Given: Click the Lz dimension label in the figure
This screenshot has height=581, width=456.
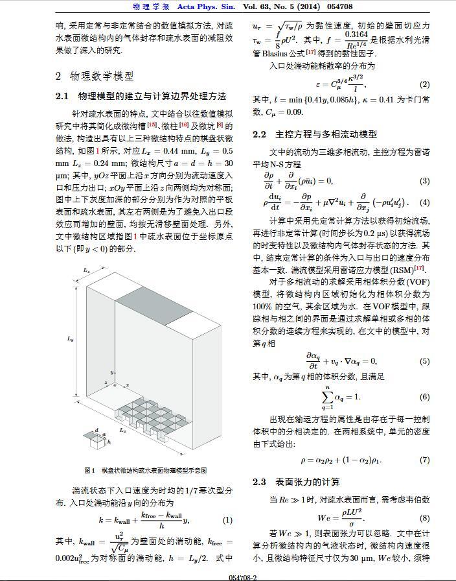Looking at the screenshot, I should pos(86,268).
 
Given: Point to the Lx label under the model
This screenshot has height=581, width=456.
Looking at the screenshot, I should pos(122,429).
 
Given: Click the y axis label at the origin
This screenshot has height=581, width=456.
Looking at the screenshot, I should pos(111,373).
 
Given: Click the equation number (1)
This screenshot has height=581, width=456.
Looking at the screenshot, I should pos(227,520).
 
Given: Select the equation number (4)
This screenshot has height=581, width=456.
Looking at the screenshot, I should pos(424,202).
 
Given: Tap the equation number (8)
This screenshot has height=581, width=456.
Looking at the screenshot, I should pos(424,518).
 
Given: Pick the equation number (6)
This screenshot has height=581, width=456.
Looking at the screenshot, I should pos(424,397).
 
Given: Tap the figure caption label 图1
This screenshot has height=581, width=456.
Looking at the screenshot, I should pos(90,470).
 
